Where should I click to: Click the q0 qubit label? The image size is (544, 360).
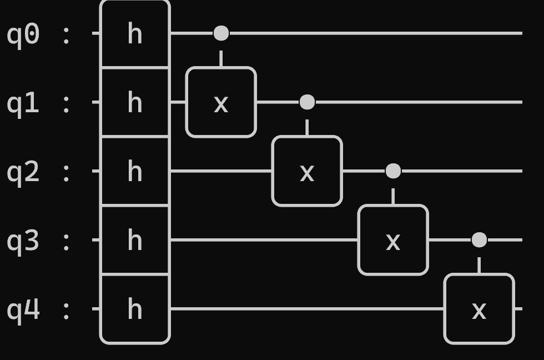[23, 34]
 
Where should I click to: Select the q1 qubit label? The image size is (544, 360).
[23, 103]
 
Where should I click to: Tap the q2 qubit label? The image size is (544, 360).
[23, 172]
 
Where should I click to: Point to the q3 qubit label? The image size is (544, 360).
[23, 241]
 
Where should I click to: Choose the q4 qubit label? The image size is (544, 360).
[23, 309]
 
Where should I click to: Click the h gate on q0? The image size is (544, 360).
[135, 34]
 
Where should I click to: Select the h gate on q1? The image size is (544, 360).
[135, 102]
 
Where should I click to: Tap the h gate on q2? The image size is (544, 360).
[135, 171]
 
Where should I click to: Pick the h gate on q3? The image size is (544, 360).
[135, 240]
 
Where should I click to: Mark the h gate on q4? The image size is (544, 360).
[135, 309]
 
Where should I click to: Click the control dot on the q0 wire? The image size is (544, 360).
[221, 33]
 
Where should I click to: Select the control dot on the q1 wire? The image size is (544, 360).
[307, 102]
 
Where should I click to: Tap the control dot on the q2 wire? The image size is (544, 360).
[393, 171]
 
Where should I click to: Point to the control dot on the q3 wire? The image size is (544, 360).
[479, 240]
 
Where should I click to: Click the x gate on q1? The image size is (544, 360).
[221, 102]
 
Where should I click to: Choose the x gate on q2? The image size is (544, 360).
[307, 171]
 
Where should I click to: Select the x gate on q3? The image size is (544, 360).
[393, 240]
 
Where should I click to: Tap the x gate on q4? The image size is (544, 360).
[479, 309]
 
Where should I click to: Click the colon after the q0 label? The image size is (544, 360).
[67, 34]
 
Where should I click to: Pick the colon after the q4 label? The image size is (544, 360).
[67, 309]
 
